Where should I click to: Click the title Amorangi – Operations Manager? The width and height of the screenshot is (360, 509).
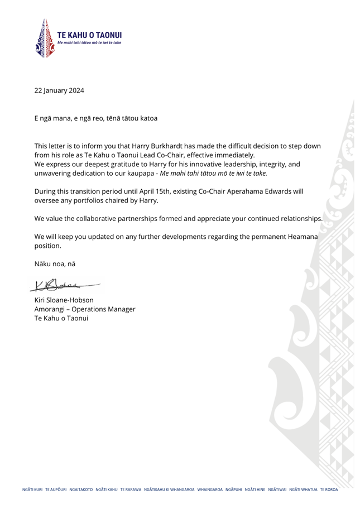[x=85, y=309]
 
